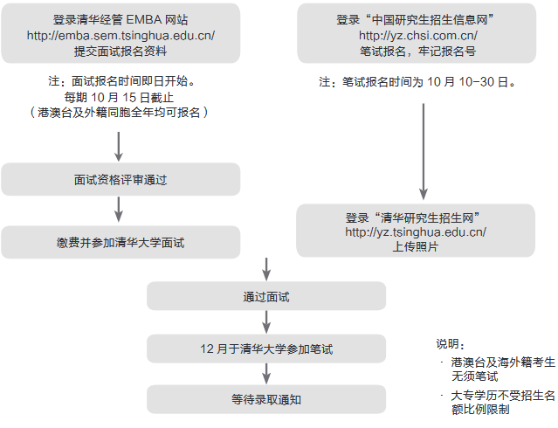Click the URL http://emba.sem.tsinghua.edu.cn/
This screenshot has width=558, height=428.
click(x=121, y=35)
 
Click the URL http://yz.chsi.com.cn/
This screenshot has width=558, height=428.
click(x=417, y=36)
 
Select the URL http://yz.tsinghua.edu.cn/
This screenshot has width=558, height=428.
click(x=416, y=232)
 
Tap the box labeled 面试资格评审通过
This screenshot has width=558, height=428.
click(x=121, y=180)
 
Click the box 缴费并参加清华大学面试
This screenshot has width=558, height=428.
click(x=121, y=242)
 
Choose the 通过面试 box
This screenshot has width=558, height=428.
click(x=266, y=297)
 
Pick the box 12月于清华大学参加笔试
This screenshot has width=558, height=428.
click(x=266, y=349)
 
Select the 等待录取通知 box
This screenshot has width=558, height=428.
click(x=266, y=399)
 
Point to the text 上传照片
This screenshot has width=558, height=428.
click(x=416, y=247)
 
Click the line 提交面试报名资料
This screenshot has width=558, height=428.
click(x=121, y=51)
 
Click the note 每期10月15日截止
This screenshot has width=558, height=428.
click(x=121, y=97)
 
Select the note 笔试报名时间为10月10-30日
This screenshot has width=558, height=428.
click(x=417, y=83)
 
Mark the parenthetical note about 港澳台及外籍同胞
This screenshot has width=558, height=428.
click(x=121, y=113)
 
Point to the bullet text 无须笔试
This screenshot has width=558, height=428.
click(x=474, y=376)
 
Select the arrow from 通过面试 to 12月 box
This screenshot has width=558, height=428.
click(x=266, y=323)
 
